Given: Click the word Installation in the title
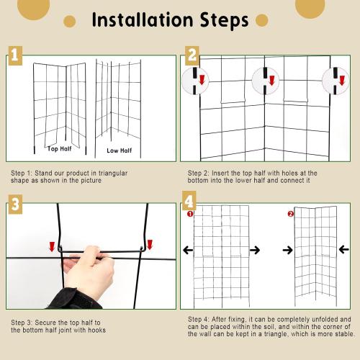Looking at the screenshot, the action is tap(143, 20).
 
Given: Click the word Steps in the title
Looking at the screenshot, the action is tap(224, 21).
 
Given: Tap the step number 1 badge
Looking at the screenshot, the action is tap(15, 55).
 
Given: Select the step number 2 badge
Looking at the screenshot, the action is tap(192, 55).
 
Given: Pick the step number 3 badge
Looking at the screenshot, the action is tap(15, 204).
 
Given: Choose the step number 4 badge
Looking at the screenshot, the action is tap(189, 201).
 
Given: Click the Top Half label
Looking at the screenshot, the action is tap(60, 149).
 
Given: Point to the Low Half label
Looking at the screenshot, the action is tap(120, 150).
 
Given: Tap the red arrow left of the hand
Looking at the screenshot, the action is tap(52, 246).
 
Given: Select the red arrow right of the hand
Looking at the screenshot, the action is tap(150, 244).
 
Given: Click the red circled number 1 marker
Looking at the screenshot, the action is tap(190, 214).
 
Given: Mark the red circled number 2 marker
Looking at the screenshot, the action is tap(291, 214).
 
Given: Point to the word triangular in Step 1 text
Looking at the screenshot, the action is tap(113, 174).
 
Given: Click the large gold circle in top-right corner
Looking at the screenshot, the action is tap(310, 6).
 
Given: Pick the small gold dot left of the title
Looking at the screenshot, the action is tap(70, 21).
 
